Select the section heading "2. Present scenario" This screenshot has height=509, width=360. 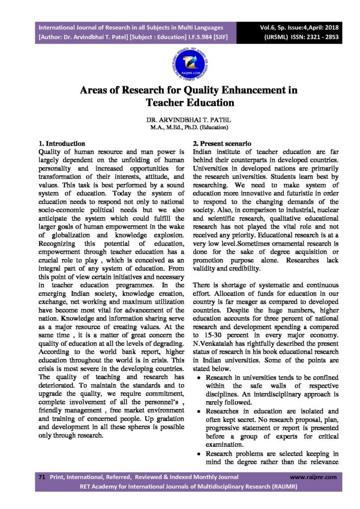pos(218,144)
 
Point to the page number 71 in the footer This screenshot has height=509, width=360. pos(42,477)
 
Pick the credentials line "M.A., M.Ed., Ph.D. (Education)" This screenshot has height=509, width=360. pos(180,127)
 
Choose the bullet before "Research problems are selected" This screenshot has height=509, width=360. pos(199,453)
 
